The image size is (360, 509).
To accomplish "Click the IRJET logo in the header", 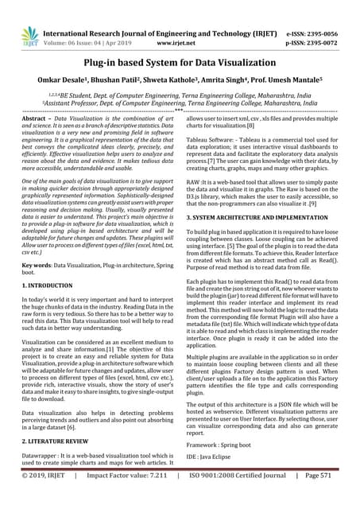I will click(x=29, y=36).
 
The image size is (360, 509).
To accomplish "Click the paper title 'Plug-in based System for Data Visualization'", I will click(x=180, y=62).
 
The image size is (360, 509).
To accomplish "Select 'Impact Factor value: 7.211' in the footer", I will click(x=127, y=498).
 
